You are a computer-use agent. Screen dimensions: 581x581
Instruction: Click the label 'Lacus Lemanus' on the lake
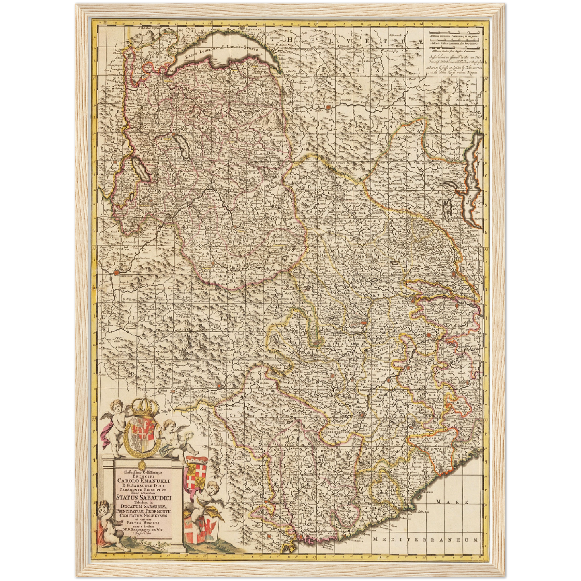point(201,54)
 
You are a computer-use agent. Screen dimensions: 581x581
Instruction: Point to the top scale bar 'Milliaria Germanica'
point(455,35)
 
